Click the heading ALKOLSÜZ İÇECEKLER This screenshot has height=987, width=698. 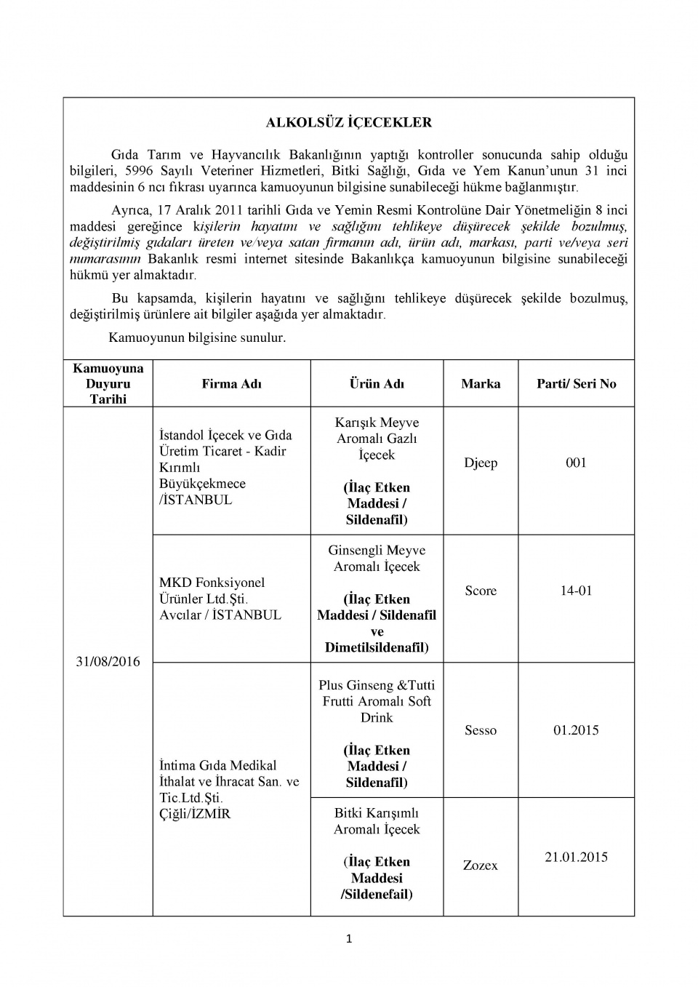(x=348, y=123)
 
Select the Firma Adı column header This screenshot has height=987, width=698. (x=231, y=384)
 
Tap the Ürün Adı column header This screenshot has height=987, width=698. (x=377, y=384)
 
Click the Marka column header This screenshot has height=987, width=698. (x=481, y=384)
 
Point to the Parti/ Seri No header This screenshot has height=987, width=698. (x=576, y=384)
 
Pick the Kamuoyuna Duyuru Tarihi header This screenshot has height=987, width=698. (x=108, y=383)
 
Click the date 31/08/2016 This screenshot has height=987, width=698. (x=108, y=661)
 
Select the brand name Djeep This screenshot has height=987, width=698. (x=481, y=463)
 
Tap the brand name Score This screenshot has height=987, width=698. (x=481, y=591)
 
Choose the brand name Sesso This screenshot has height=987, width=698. (x=481, y=730)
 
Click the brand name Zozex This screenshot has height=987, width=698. (x=481, y=866)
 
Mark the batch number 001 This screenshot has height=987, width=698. (x=576, y=463)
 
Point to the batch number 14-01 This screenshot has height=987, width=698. (x=576, y=591)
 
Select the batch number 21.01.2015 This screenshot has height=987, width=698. (x=576, y=858)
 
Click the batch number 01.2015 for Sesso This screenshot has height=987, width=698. (x=576, y=730)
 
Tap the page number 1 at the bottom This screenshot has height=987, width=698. (x=349, y=939)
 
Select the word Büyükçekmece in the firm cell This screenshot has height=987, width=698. (x=202, y=484)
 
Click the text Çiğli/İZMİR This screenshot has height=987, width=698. (x=195, y=814)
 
